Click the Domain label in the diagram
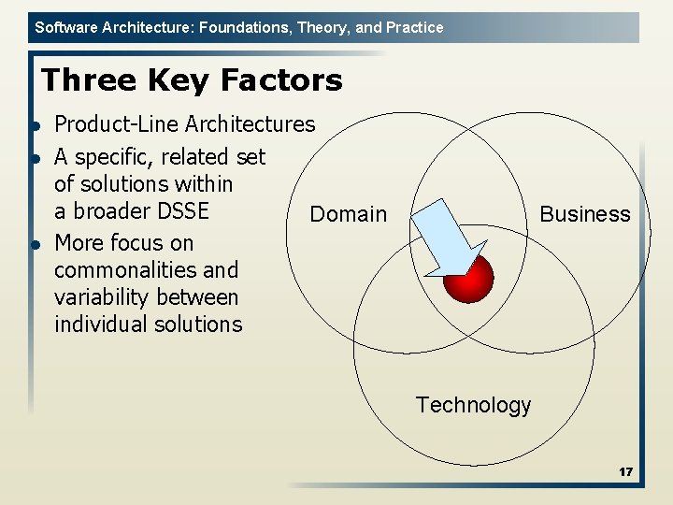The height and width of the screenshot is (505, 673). [x=348, y=214]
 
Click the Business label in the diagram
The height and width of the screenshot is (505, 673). [x=585, y=214]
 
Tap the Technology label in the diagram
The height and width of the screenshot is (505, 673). [x=473, y=405]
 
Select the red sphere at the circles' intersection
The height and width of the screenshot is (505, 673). [x=467, y=278]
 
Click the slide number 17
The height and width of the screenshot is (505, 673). [x=625, y=472]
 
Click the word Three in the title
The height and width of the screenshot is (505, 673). [x=85, y=80]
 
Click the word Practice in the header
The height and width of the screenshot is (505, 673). [x=415, y=27]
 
